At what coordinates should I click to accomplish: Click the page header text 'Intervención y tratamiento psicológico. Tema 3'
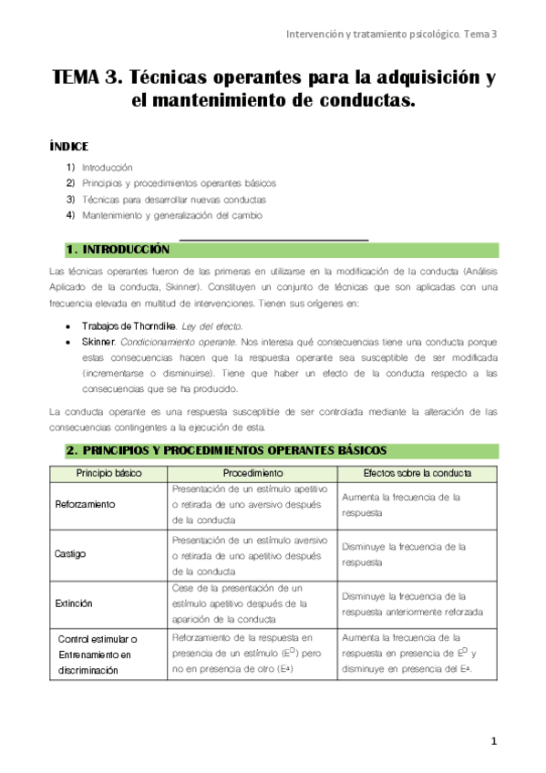[x=391, y=34]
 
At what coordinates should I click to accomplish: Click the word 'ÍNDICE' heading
[x=68, y=146]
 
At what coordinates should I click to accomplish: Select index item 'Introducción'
[x=108, y=167]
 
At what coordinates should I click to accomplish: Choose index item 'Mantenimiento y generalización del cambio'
[x=172, y=215]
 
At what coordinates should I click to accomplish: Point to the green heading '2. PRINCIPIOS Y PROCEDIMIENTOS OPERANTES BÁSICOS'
[x=227, y=450]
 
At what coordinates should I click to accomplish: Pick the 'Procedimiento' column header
[x=252, y=473]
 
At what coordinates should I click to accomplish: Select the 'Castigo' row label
[x=71, y=553]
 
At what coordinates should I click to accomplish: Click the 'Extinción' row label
[x=74, y=603]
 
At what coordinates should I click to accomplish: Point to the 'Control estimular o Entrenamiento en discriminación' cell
[x=95, y=654]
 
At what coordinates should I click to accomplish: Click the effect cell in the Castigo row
[x=404, y=554]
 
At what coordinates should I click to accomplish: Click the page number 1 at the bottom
[x=493, y=741]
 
